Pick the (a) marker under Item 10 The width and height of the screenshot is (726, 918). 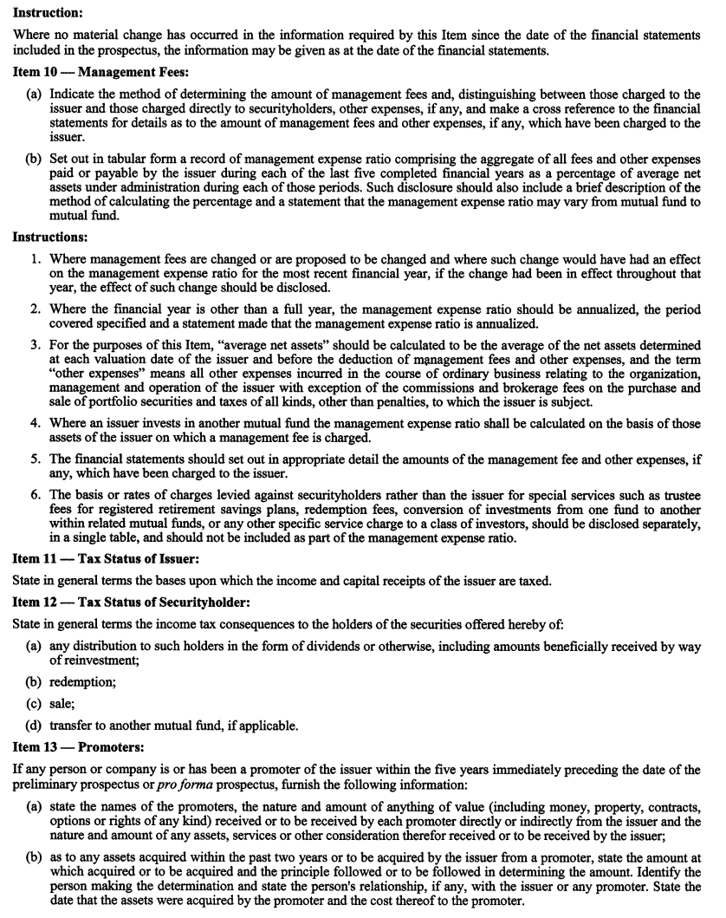click(35, 92)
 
